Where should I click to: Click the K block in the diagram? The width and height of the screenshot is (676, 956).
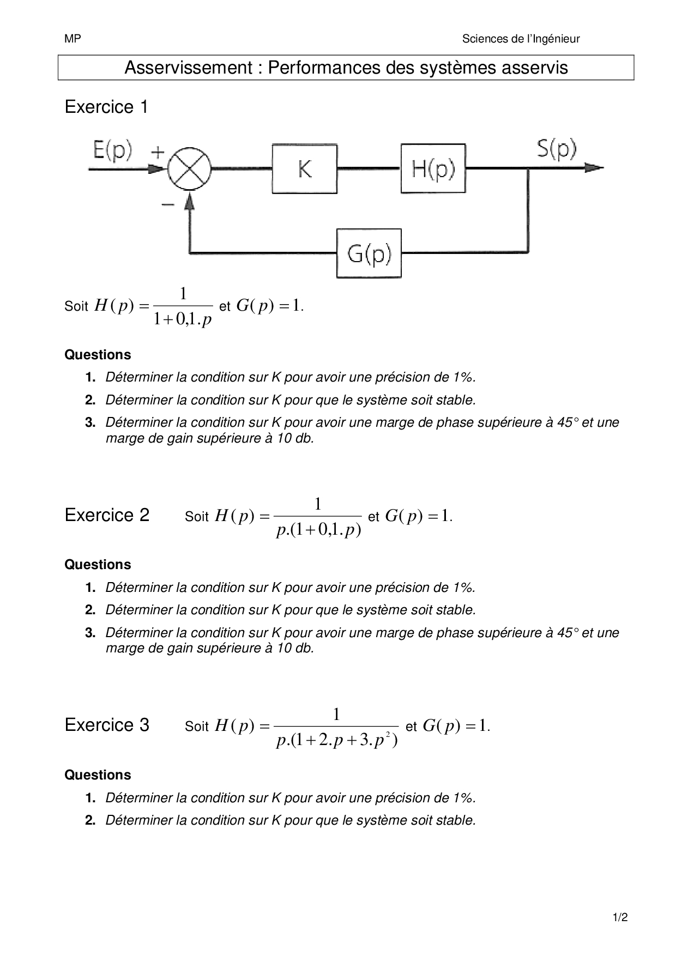304,169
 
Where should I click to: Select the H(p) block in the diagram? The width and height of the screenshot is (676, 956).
433,169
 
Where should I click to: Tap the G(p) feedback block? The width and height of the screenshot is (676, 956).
369,253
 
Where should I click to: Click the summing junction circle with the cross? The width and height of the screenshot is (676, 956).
189,168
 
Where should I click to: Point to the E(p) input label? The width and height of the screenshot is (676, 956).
112,150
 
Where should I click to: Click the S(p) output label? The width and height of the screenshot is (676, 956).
557,149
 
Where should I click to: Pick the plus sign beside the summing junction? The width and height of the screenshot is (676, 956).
157,152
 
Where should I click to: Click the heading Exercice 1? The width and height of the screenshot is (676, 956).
106,107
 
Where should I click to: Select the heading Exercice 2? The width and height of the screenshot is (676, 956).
107,515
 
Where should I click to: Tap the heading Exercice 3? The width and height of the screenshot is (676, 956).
107,725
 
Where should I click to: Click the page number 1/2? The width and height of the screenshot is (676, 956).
620,917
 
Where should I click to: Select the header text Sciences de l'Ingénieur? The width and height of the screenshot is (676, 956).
521,39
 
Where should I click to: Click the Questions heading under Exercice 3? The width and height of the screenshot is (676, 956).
98,775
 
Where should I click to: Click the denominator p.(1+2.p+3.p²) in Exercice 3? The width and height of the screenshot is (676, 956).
336,741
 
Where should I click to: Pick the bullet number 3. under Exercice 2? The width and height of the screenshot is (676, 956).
90,633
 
